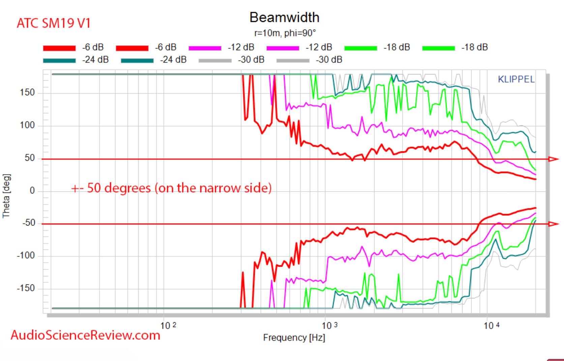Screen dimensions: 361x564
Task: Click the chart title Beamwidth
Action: [x=284, y=18]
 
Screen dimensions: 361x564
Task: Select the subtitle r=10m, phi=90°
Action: [x=285, y=33]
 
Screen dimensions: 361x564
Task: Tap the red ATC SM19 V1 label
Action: [x=54, y=23]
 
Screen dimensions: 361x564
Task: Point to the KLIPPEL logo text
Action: [x=516, y=79]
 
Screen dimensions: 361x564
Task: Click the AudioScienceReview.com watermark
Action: [x=85, y=335]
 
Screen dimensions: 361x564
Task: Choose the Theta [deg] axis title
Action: [x=6, y=196]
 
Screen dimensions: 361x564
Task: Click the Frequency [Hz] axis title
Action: [x=294, y=337]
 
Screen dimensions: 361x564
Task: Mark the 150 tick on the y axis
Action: [x=27, y=92]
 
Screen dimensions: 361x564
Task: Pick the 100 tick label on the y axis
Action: [x=27, y=125]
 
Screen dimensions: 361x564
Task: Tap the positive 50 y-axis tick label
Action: [x=30, y=158]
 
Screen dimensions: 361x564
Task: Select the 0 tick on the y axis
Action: [x=32, y=190]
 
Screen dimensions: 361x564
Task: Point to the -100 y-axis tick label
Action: [x=26, y=255]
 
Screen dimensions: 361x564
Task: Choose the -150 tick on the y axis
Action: [x=26, y=288]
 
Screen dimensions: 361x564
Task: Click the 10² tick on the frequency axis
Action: [x=168, y=326]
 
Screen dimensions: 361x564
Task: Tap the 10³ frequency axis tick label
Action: [x=329, y=326]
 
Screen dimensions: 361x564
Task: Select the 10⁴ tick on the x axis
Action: [x=491, y=326]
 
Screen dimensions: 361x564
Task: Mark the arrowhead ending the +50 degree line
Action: [x=553, y=159]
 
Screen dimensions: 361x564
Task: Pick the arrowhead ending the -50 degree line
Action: [x=553, y=224]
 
